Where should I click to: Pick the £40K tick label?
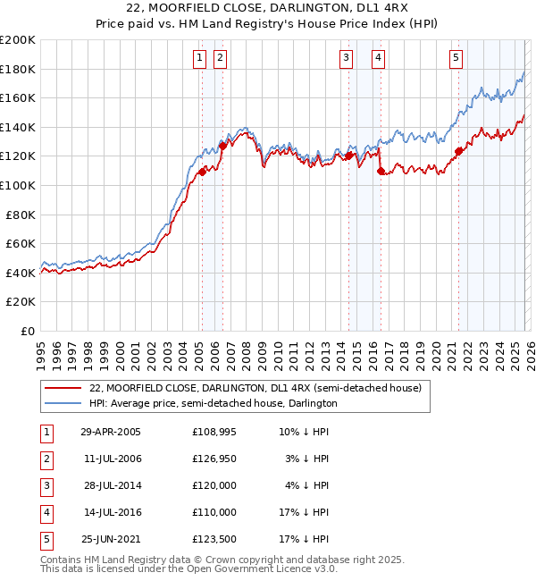click(21, 273)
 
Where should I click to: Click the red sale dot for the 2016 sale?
click(381, 171)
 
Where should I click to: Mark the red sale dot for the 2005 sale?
click(202, 173)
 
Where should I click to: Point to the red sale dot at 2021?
click(459, 151)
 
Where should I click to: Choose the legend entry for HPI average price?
click(213, 403)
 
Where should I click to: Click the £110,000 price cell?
click(214, 512)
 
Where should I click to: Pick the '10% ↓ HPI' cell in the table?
click(305, 432)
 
